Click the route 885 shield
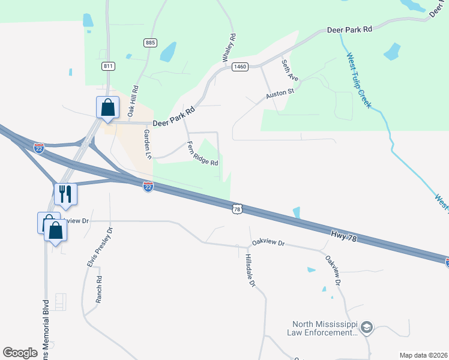[150, 43]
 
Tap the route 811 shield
[108, 66]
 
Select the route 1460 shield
[240, 67]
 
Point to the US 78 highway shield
[238, 209]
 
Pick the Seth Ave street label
[290, 70]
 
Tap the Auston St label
[279, 95]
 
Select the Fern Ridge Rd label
[202, 154]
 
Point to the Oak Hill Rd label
[133, 101]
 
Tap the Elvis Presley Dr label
[100, 247]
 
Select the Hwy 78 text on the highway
[344, 235]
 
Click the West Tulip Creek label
[359, 81]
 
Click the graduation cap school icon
[367, 328]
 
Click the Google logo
[20, 353]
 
